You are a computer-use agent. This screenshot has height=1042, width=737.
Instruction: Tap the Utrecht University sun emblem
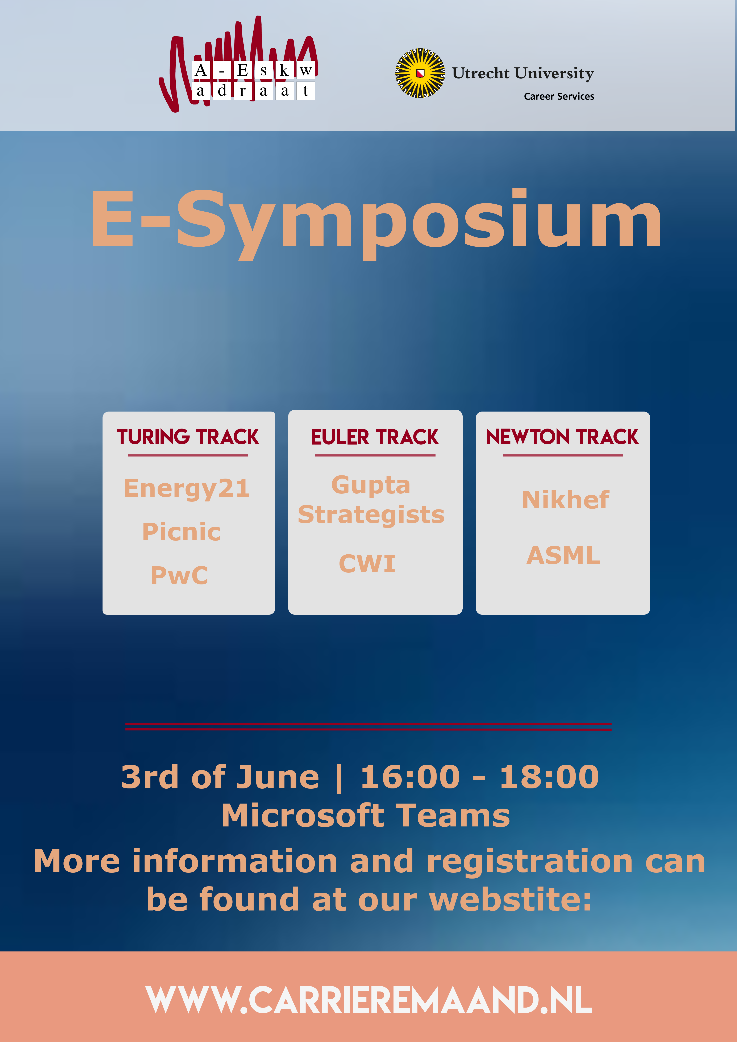[420, 73]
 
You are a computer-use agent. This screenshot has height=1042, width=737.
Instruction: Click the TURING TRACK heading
[188, 437]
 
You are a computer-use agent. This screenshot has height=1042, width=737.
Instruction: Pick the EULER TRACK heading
[375, 437]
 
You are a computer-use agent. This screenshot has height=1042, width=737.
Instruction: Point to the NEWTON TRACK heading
[562, 437]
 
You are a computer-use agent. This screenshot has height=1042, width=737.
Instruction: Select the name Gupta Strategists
[371, 500]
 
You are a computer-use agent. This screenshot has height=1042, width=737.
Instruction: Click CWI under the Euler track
[367, 564]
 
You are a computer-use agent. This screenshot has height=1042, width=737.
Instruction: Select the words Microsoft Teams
[366, 816]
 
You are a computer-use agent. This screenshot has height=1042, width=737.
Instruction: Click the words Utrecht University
[523, 73]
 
